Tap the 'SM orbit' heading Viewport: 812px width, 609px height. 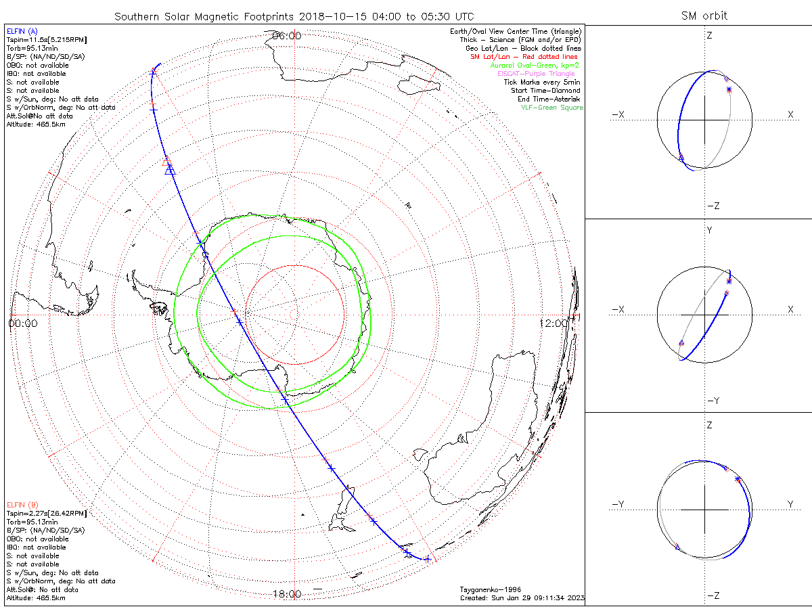(704, 16)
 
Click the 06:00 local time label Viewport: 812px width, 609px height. (286, 36)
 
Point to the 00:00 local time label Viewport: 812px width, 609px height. (23, 323)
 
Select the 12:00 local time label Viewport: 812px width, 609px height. (554, 323)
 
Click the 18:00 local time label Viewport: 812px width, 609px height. (286, 594)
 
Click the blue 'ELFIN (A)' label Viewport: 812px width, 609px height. (22, 31)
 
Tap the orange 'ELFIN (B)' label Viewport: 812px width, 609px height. (22, 505)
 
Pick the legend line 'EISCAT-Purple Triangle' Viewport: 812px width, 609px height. (536, 74)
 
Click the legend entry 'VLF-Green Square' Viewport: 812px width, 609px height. (551, 108)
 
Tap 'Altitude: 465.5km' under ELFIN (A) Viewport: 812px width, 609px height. (36, 125)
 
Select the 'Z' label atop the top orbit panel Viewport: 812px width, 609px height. (709, 35)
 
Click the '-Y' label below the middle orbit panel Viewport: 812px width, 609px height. (712, 401)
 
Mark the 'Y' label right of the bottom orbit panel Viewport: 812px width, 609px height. (790, 504)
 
